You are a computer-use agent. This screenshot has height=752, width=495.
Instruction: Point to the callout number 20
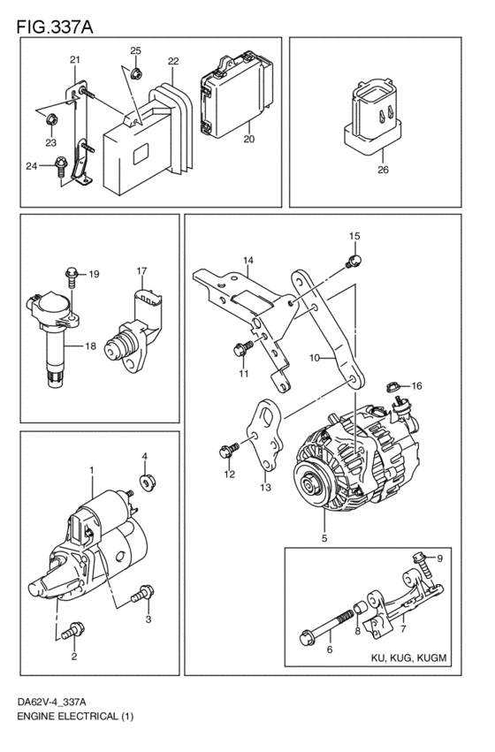pyautogui.click(x=248, y=139)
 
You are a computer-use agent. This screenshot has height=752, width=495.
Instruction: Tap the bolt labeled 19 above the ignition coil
pyautogui.click(x=72, y=274)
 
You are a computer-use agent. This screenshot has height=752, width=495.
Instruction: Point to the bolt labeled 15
pyautogui.click(x=353, y=260)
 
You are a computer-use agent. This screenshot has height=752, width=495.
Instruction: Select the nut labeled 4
pyautogui.click(x=144, y=482)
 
